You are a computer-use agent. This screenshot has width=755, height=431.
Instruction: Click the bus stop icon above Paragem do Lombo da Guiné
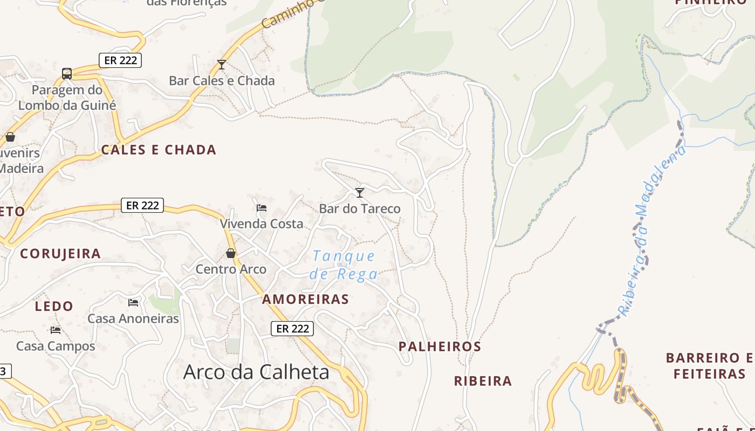[67, 74]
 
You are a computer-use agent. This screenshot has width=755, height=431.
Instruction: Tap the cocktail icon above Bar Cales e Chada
[221, 65]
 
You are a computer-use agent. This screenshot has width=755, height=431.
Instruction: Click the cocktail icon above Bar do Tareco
[360, 192]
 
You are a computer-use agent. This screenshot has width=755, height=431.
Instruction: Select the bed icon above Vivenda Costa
[262, 207]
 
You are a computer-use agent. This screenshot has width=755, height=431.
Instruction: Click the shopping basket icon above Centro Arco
[231, 253]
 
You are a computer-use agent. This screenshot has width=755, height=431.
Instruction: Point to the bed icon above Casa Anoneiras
[133, 303]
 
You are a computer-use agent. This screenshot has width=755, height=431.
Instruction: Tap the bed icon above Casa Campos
[56, 330]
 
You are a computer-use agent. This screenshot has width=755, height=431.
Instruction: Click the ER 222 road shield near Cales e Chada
[120, 60]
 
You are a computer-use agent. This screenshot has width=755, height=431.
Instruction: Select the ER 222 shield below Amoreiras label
[292, 328]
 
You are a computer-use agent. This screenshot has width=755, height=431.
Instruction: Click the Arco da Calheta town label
[256, 372]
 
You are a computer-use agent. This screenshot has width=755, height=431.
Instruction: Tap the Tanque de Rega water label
[344, 265]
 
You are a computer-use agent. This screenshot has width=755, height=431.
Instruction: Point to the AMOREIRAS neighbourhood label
[305, 300]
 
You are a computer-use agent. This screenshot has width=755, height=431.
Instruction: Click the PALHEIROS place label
[440, 346]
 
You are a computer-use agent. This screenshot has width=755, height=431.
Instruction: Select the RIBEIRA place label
[483, 381]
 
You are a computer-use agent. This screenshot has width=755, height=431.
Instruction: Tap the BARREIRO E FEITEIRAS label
[709, 366]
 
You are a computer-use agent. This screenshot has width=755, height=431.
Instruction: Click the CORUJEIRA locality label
[60, 254]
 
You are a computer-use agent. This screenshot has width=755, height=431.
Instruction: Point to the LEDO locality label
[54, 307]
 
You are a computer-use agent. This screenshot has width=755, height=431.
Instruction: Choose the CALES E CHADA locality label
[159, 150]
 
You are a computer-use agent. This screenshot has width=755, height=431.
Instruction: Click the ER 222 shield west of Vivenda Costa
[142, 205]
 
